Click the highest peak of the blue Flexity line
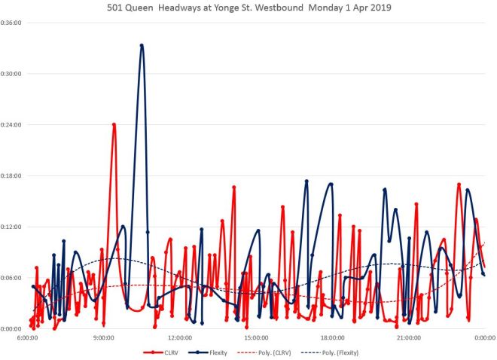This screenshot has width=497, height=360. [x=142, y=45]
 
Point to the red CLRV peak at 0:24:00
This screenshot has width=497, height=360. [x=114, y=124]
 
